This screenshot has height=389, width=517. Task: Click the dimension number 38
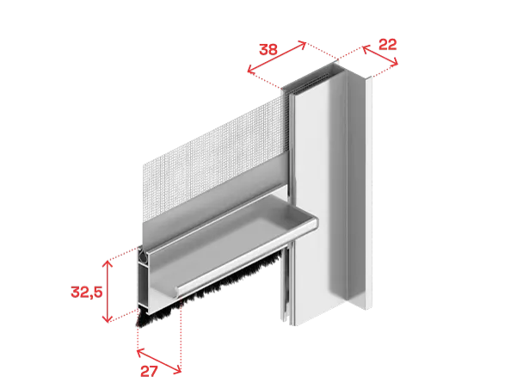click(268, 50)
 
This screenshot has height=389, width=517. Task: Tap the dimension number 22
click(387, 45)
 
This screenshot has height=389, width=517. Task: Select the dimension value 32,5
click(87, 292)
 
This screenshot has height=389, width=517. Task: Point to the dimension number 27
click(149, 372)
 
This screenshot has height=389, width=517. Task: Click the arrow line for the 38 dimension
click(277, 57)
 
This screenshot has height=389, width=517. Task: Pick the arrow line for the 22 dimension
click(380, 55)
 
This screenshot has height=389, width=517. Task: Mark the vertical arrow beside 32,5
click(108, 291)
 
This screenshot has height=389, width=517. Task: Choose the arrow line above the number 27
click(159, 361)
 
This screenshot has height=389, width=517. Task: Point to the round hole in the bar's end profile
click(143, 256)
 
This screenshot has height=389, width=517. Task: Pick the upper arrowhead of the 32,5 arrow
click(108, 263)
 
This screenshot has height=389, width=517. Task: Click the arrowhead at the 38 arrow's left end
click(250, 70)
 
